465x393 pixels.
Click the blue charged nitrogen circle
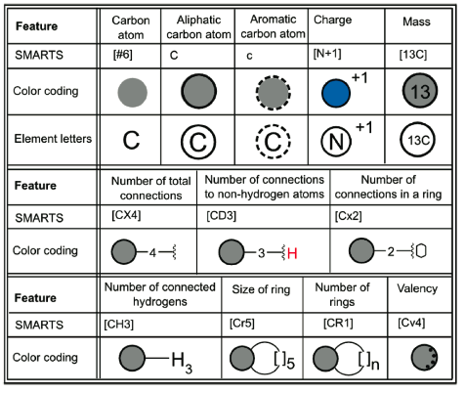(336, 93)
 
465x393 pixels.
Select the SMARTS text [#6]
(123, 55)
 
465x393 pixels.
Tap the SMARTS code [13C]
(413, 55)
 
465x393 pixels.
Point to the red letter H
(292, 253)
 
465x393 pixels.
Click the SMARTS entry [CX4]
(126, 215)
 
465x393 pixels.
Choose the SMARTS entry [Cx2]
(348, 216)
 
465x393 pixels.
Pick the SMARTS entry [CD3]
(222, 216)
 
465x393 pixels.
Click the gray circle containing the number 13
(420, 91)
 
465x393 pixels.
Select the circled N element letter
(336, 141)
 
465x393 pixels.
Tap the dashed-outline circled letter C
(273, 142)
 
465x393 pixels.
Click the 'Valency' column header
(417, 288)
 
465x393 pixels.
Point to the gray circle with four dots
(424, 358)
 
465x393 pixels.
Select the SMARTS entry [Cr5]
(242, 324)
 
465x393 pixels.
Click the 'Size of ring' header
(261, 289)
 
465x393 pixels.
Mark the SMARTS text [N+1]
(327, 53)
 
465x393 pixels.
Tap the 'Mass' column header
(416, 22)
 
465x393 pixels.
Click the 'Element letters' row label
(53, 139)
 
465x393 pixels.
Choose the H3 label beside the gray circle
(182, 363)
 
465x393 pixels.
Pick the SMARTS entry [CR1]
(338, 324)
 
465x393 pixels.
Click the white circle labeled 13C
(417, 140)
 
